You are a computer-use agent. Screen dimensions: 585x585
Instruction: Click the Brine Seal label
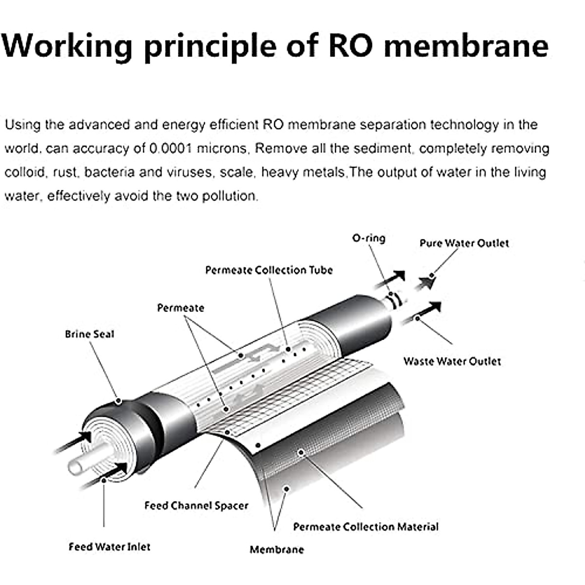pos(89,334)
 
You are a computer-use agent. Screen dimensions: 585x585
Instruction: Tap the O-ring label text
pos(369,238)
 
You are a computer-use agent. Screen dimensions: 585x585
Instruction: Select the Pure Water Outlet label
pos(464,243)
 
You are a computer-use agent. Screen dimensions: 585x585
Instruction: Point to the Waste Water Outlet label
pos(452,361)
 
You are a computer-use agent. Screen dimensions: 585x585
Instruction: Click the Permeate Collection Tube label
pos(269,270)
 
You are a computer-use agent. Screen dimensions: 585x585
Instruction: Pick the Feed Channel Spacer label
pos(196,506)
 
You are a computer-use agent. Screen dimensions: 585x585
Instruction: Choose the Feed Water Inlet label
pos(109,547)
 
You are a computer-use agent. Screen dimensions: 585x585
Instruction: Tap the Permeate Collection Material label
pos(366,527)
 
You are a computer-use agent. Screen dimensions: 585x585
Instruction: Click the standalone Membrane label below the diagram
pos(276,550)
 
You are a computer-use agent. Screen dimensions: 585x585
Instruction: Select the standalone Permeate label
pos(180,308)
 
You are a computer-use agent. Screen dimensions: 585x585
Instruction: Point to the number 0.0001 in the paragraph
pos(170,149)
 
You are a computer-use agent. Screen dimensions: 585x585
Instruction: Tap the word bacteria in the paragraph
pos(110,173)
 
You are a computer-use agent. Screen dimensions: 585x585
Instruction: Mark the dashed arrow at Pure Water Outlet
pos(425,282)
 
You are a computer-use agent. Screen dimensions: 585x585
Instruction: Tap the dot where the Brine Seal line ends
pos(118,401)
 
